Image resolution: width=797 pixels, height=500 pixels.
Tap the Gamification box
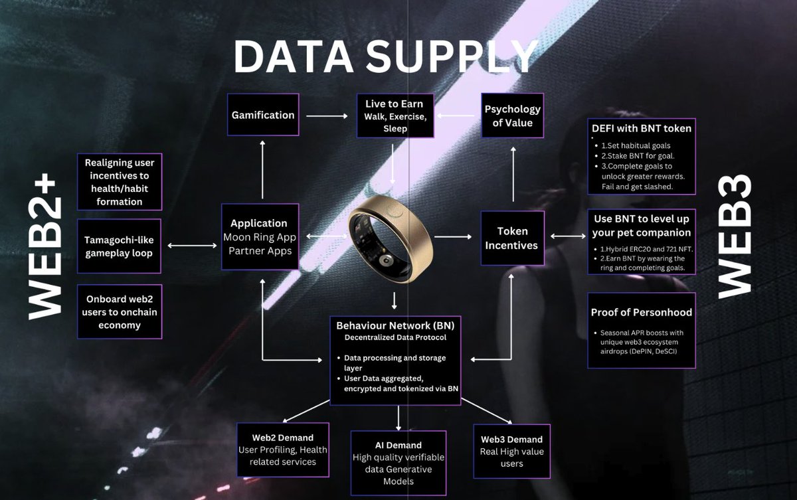[263, 114]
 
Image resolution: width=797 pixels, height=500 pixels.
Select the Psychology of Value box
[512, 116]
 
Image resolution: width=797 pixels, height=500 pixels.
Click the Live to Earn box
[395, 116]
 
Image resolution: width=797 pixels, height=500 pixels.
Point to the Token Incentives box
[512, 238]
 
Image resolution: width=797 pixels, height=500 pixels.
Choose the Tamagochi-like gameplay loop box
[119, 246]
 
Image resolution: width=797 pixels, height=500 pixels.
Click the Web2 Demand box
[283, 450]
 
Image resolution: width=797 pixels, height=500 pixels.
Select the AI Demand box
[398, 463]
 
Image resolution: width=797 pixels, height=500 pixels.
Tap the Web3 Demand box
[512, 452]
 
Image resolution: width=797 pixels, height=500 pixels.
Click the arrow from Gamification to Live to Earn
[327, 116]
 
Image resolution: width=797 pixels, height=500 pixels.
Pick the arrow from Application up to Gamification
[262, 169]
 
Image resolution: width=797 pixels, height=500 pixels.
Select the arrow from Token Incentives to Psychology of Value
[513, 174]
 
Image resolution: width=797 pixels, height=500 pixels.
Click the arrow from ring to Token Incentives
[452, 236]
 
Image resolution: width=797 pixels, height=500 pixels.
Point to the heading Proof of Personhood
[642, 312]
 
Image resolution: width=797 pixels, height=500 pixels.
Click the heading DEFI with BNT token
[642, 128]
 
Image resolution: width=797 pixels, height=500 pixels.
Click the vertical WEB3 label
[735, 236]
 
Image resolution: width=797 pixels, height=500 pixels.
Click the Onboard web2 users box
[120, 312]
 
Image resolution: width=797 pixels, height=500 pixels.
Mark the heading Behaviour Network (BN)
[395, 325]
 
